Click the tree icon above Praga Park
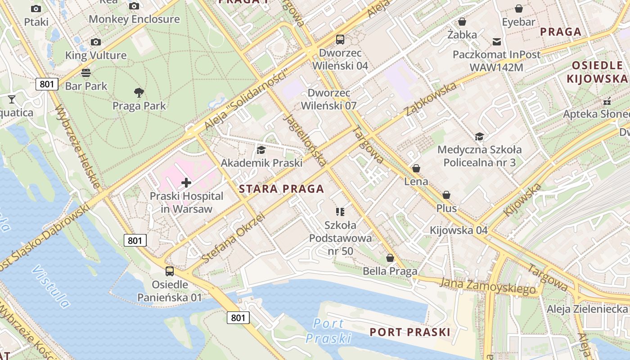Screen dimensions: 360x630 click(139, 93)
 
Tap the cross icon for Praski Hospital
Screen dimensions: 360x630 click(186, 183)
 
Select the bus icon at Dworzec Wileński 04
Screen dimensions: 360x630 click(340, 40)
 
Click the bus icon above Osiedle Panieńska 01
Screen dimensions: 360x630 click(170, 271)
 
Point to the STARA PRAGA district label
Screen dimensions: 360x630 click(282, 189)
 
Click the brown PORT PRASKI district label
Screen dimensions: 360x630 click(409, 332)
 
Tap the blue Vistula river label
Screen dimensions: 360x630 click(51, 286)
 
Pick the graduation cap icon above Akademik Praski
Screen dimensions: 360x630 click(261, 150)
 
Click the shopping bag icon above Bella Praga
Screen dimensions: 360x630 click(390, 258)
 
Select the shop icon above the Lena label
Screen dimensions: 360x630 click(416, 168)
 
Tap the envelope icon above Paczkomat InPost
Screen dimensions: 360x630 click(497, 42)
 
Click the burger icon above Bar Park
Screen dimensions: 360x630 click(86, 72)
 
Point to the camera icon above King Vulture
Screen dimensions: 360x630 click(96, 42)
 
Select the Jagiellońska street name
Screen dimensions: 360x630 click(305, 140)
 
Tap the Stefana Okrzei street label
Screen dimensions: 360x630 click(233, 238)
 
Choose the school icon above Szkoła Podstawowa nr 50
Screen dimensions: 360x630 click(340, 211)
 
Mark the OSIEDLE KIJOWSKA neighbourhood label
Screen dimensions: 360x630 click(597, 72)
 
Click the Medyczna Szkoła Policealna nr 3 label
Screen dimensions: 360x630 click(479, 156)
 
